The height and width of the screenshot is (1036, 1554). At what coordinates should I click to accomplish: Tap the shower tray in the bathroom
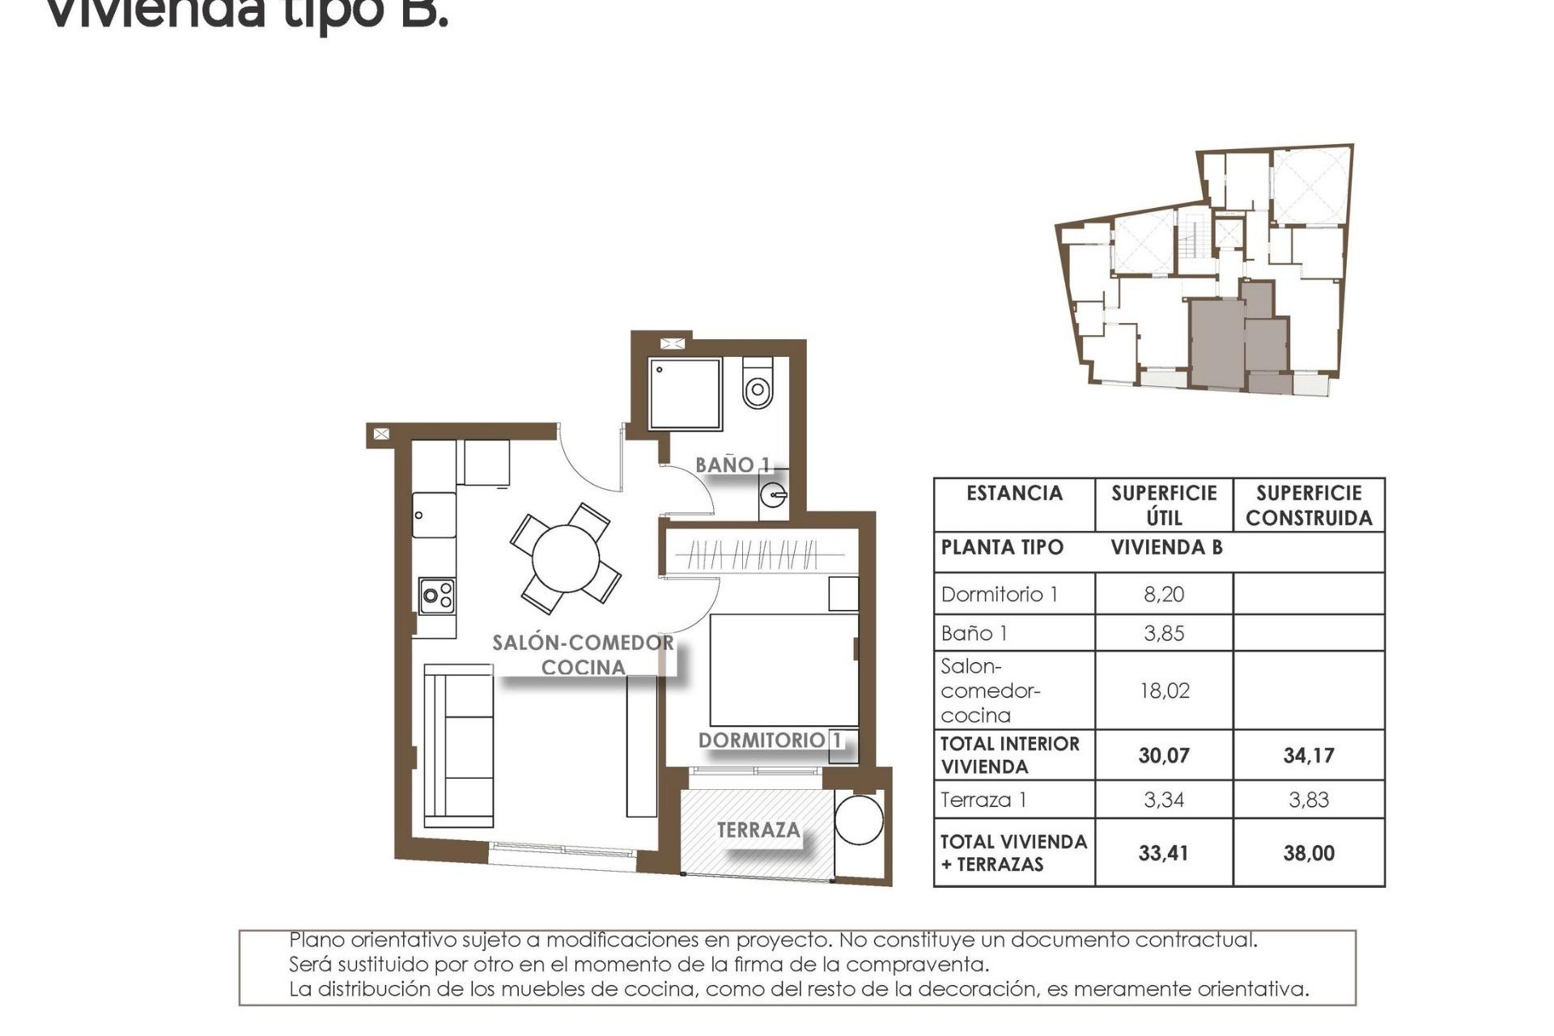(x=684, y=394)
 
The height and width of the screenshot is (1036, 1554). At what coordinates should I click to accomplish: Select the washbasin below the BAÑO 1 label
(x=774, y=493)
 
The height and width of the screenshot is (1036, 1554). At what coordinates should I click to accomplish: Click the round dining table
(x=566, y=558)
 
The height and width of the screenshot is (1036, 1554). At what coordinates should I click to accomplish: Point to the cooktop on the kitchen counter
(x=436, y=597)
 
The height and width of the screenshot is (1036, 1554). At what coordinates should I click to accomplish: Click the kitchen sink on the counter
(x=433, y=515)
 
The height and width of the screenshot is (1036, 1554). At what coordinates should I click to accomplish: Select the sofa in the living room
(x=459, y=745)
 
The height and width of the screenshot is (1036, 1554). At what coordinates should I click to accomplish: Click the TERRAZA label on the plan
(x=758, y=830)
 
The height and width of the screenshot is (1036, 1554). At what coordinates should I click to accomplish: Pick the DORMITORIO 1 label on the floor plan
(x=770, y=740)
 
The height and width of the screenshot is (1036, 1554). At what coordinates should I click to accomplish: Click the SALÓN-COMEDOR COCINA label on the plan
(x=584, y=655)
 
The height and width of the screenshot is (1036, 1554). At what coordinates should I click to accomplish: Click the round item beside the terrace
(x=859, y=819)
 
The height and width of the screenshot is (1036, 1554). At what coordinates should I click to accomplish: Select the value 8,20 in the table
(x=1164, y=594)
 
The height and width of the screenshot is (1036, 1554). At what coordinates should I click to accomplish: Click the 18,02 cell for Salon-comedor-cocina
(x=1164, y=690)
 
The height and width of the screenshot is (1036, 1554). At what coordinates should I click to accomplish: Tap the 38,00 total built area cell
(x=1308, y=853)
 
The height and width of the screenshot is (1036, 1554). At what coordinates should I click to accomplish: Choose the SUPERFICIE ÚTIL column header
(x=1164, y=505)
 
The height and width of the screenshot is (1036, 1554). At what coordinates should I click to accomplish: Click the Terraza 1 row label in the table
(x=983, y=800)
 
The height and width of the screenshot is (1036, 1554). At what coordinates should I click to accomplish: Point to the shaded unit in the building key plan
(x=1230, y=340)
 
